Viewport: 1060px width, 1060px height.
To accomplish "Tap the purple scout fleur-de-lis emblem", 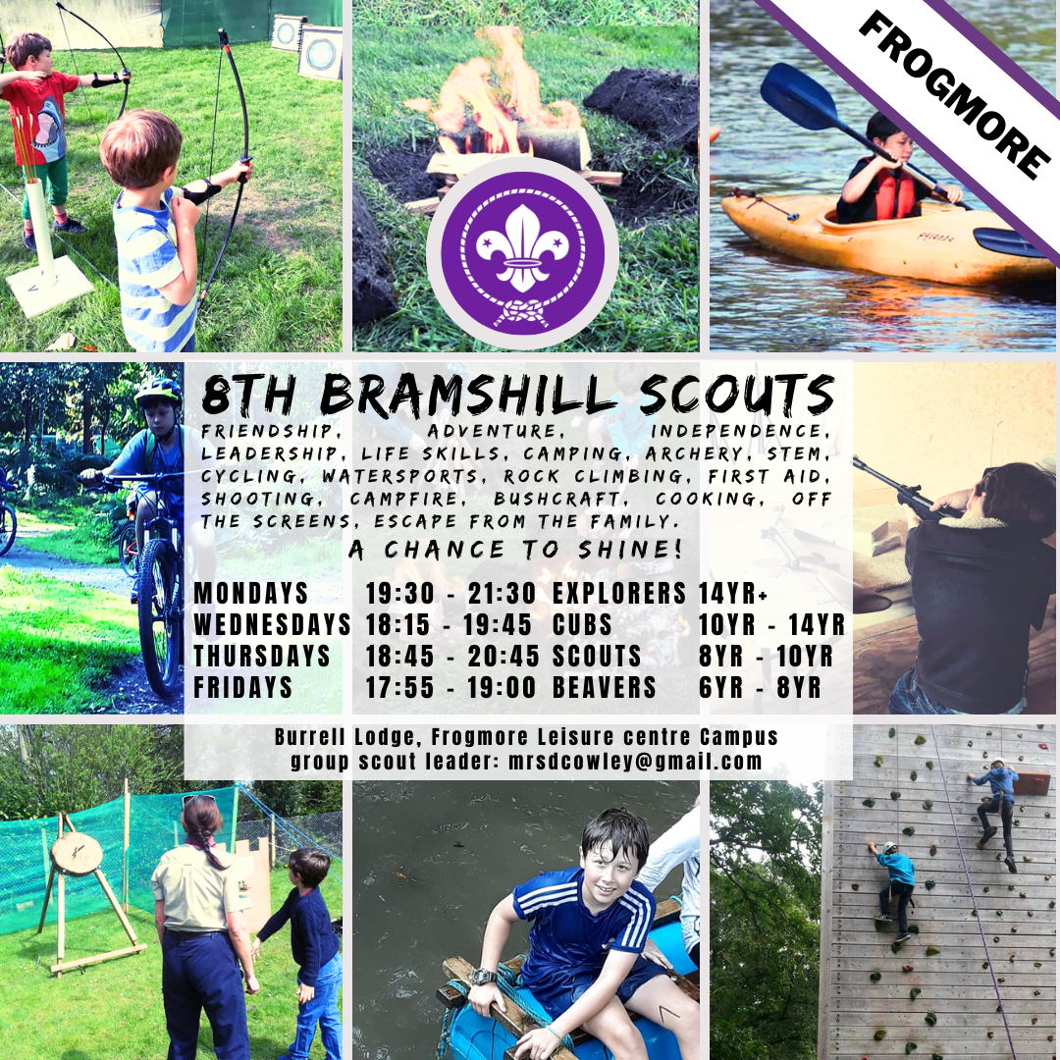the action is click(522, 253).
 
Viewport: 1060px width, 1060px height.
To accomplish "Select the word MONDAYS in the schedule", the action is click(251, 593).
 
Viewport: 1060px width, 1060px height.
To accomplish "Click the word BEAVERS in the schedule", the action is click(605, 687).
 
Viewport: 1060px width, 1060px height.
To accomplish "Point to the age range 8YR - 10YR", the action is click(766, 656).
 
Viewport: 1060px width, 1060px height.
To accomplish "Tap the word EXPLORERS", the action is click(619, 593).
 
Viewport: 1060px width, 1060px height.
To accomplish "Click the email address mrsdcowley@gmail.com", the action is click(635, 762).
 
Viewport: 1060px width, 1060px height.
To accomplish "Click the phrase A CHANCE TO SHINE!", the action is click(516, 550).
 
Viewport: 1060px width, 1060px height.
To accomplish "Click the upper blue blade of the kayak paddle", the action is click(798, 95).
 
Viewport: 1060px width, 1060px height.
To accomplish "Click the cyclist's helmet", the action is click(158, 392).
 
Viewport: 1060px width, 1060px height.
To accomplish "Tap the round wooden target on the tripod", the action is click(77, 852).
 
